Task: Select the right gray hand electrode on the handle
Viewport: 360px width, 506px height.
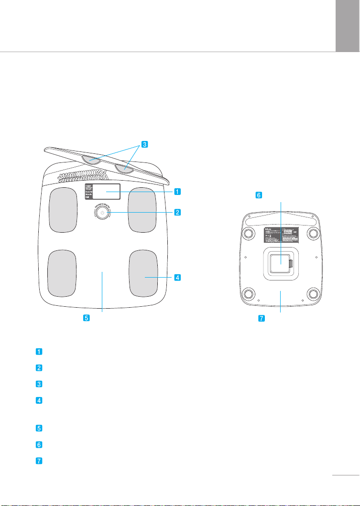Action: pos(123,167)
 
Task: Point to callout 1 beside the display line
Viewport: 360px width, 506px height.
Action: pos(177,192)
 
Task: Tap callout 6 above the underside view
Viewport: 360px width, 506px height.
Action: pos(259,195)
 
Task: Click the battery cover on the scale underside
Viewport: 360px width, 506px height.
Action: pos(280,263)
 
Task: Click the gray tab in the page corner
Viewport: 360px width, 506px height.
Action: pos(348,25)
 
